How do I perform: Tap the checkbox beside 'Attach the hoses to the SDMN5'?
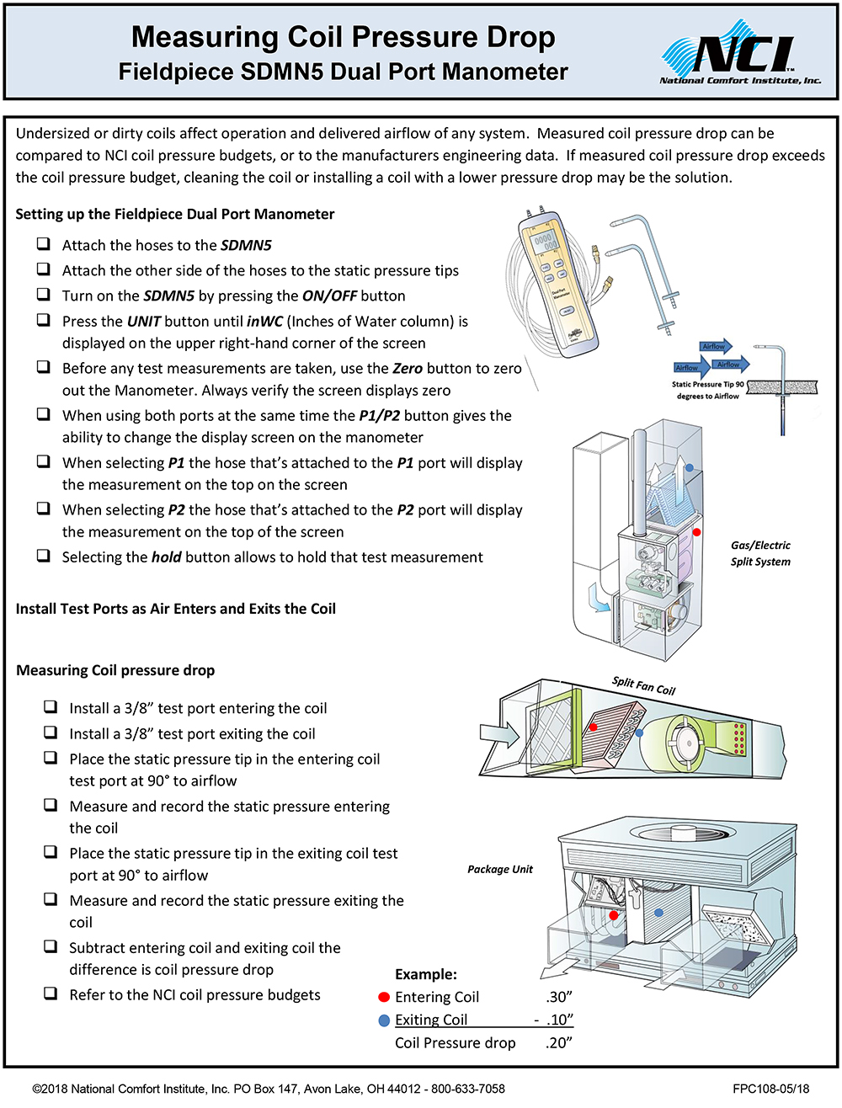pos(43,244)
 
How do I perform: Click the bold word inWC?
pos(264,321)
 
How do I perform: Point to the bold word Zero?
pos(408,368)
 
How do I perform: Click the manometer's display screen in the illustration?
pos(545,244)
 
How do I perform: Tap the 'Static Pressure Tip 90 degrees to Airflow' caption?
pos(708,389)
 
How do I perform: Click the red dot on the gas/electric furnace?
pos(697,532)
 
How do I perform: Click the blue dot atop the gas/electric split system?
pos(690,467)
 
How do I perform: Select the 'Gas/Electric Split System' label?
pos(760,553)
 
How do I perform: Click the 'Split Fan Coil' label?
pos(644,685)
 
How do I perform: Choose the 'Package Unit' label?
pos(500,869)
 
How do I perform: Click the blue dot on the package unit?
pos(658,912)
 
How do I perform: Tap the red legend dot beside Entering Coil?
pos(384,997)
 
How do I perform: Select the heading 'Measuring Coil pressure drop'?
pos(115,670)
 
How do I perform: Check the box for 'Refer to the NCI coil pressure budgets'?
pos(51,993)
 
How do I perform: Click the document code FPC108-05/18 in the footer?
pos(770,1089)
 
